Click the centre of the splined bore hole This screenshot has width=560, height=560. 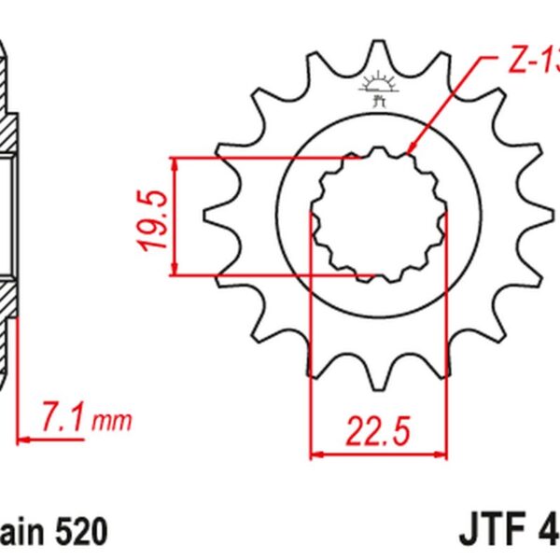378,215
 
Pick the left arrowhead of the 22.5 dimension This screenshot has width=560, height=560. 316,455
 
